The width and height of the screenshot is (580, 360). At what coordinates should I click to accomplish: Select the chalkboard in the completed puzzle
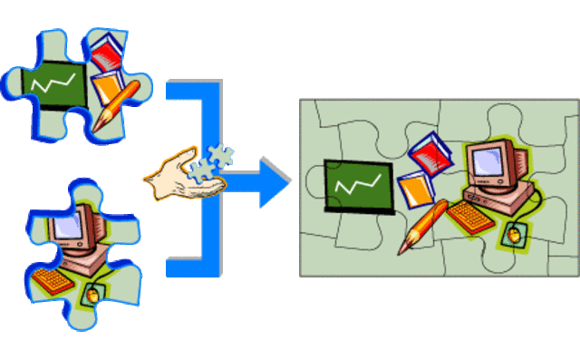click(x=359, y=185)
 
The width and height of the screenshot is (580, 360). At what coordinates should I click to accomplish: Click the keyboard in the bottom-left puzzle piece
click(x=53, y=279)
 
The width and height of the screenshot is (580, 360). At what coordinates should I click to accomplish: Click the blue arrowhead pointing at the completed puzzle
click(x=273, y=181)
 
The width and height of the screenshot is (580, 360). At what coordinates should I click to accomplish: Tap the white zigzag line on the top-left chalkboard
click(x=54, y=86)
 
